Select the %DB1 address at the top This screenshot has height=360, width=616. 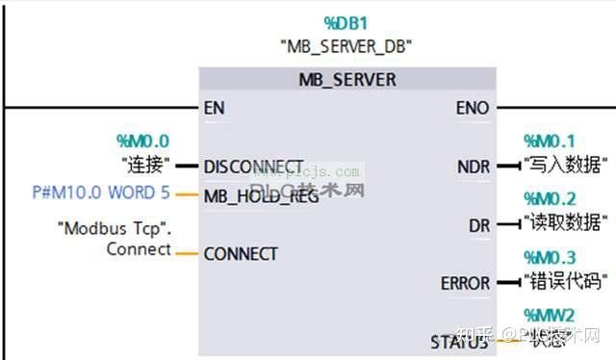tap(346, 22)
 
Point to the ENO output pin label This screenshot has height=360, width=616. tap(472, 108)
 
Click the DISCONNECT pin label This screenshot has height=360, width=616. tap(253, 165)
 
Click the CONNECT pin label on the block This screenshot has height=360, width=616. tap(241, 254)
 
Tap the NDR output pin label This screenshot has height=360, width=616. tap(473, 167)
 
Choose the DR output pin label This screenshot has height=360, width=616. tap(478, 225)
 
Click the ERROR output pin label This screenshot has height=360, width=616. tap(464, 283)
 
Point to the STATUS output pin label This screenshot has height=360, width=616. tap(460, 342)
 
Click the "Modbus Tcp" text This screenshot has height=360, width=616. tap(115, 229)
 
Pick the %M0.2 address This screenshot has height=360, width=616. tap(549, 200)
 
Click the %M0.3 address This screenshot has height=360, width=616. tap(549, 258)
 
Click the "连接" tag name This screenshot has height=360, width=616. tap(145, 164)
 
